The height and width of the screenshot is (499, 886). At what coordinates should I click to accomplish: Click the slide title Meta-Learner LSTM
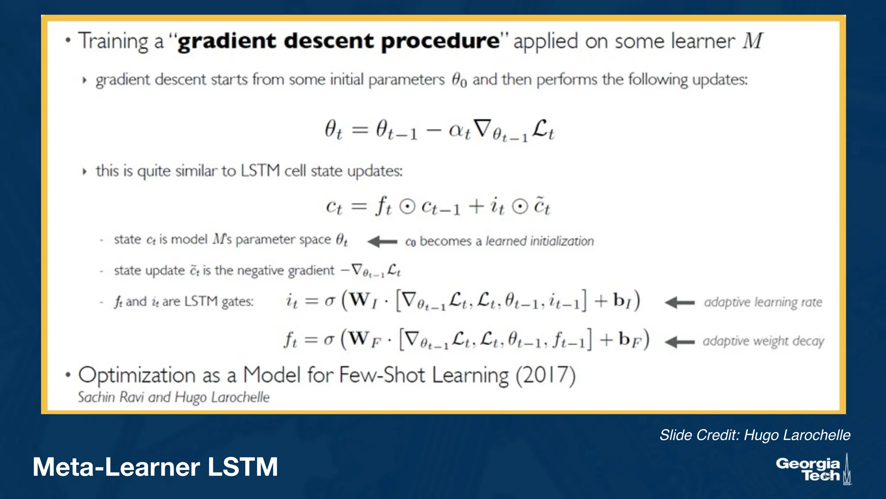pyautogui.click(x=155, y=467)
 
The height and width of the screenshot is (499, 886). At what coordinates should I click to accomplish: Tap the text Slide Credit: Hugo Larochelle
pyautogui.click(x=754, y=435)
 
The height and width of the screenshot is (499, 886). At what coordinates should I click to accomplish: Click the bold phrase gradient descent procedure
pyautogui.click(x=339, y=42)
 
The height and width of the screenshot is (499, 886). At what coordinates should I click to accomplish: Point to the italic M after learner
pyautogui.click(x=753, y=41)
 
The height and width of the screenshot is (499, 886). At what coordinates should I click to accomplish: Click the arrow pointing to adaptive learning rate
pyautogui.click(x=679, y=302)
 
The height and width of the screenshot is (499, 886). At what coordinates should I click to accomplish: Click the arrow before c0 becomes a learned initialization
pyautogui.click(x=382, y=241)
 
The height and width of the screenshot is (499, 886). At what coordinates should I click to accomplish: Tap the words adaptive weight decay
pyautogui.click(x=763, y=341)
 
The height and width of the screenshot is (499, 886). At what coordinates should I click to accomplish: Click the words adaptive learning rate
pyautogui.click(x=763, y=302)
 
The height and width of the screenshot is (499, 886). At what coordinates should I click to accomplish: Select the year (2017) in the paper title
pyautogui.click(x=545, y=375)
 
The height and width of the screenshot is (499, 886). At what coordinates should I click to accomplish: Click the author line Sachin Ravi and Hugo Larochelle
pyautogui.click(x=173, y=397)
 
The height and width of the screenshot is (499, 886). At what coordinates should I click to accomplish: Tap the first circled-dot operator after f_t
pyautogui.click(x=407, y=207)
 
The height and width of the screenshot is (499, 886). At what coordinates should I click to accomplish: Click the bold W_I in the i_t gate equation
pyautogui.click(x=363, y=300)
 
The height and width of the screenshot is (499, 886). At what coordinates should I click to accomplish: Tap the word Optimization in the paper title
pyautogui.click(x=137, y=375)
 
